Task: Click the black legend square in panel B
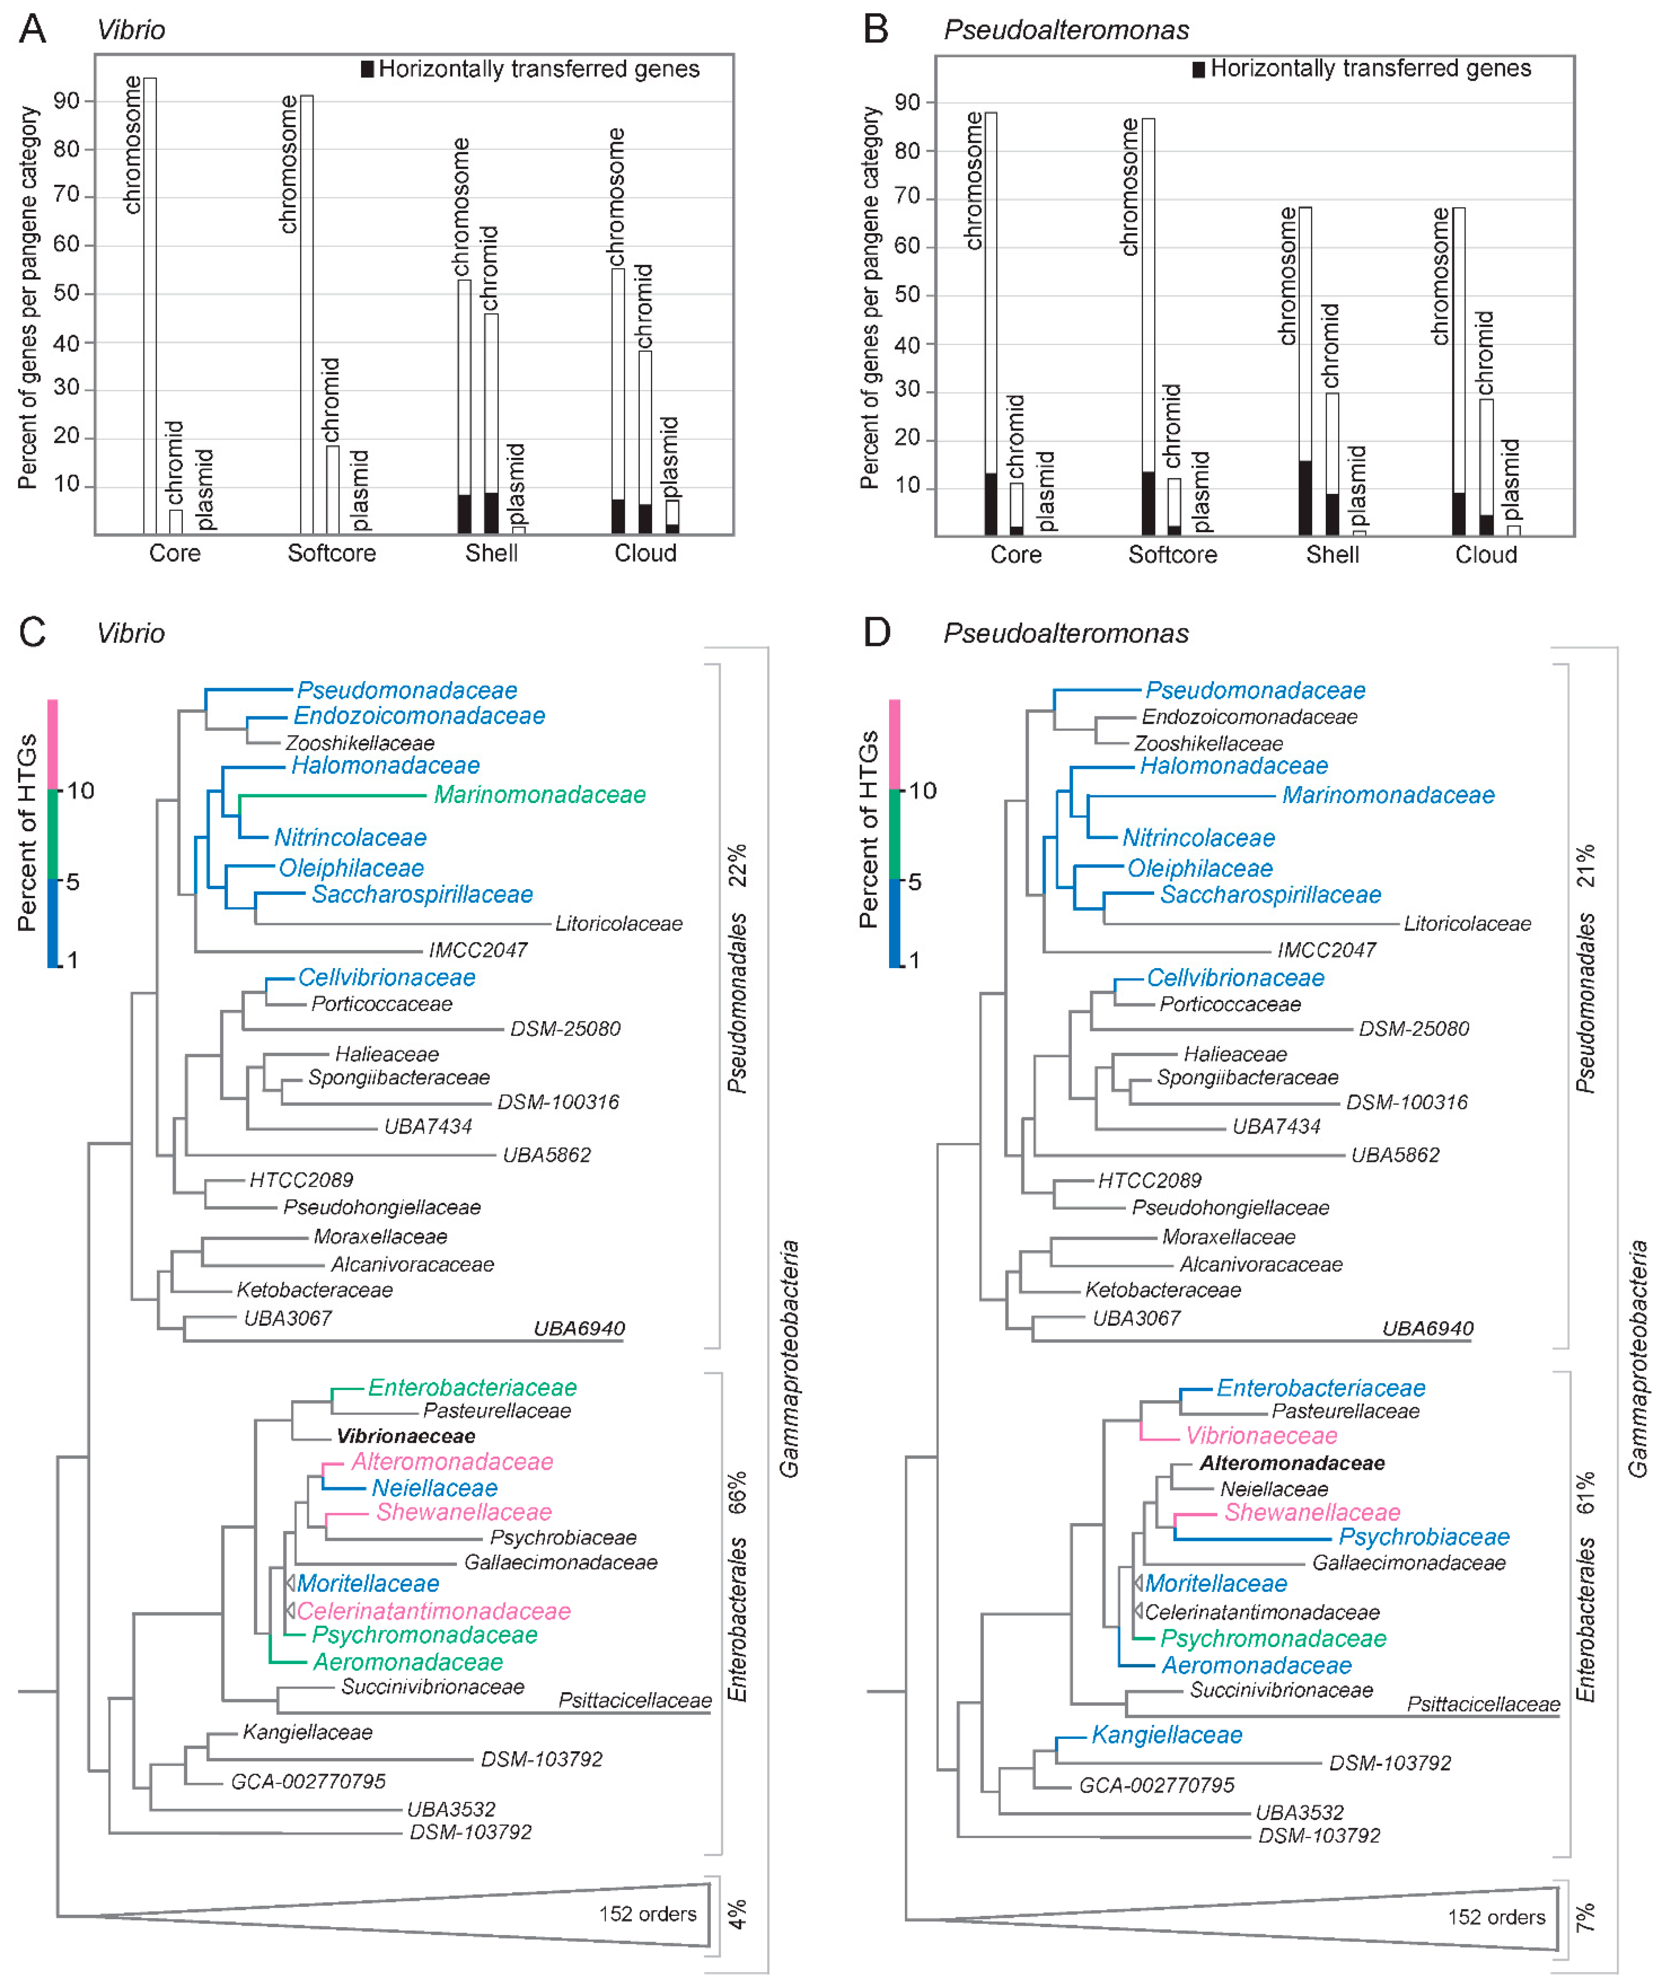tap(1198, 69)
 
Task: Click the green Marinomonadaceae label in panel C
tap(539, 795)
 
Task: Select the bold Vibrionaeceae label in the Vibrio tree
tap(406, 1436)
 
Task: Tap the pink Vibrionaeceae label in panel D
tap(1261, 1436)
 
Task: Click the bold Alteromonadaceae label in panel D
tap(1291, 1463)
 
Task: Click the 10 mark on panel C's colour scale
tap(80, 790)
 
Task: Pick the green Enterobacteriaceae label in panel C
tap(472, 1387)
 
